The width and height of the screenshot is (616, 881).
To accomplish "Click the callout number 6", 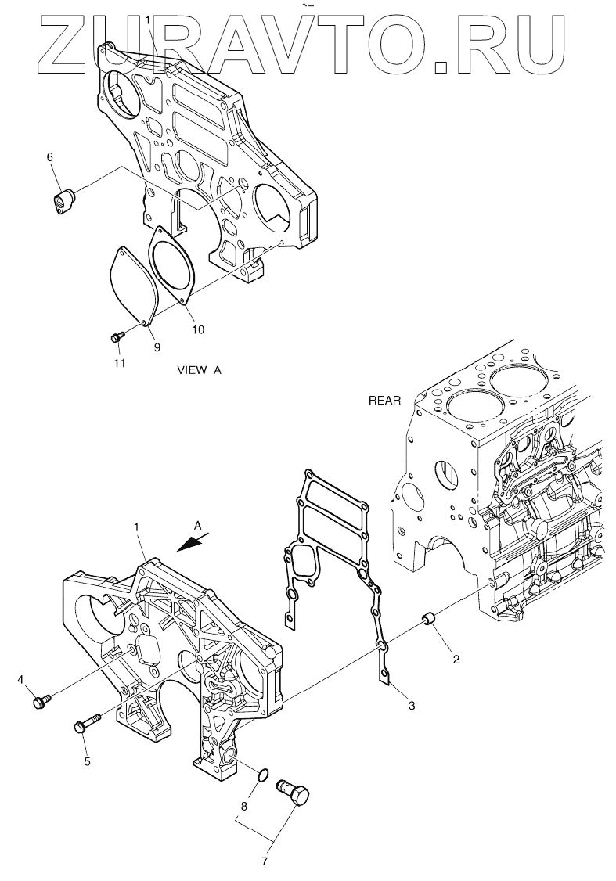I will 50,157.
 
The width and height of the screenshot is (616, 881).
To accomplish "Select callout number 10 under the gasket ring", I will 198,329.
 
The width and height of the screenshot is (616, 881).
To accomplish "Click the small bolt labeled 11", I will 117,337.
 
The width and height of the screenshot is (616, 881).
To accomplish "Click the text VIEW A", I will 200,370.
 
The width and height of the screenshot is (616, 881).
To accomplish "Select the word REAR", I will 384,401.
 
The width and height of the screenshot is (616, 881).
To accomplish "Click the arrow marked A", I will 190,543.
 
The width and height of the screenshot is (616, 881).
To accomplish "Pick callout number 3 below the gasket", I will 411,706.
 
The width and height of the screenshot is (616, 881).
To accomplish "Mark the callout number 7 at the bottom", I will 264,862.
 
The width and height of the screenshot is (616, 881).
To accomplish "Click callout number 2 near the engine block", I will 456,659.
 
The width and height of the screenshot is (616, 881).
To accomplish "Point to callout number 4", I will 20,680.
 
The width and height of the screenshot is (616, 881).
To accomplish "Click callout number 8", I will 243,804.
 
